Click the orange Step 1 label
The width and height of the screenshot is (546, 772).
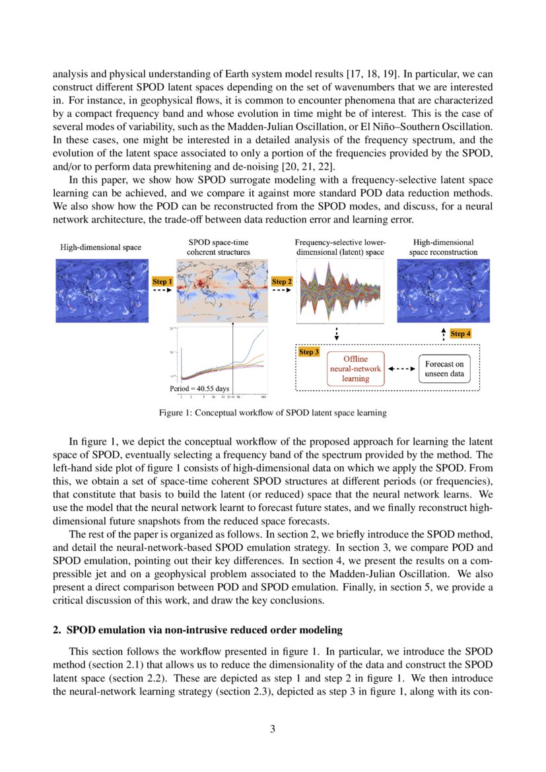coord(162,282)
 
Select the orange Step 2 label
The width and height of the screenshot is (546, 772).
coord(282,282)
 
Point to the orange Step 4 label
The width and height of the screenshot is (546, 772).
coord(460,334)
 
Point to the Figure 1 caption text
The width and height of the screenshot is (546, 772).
coord(273,413)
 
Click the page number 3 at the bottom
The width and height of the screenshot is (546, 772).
coord(273,729)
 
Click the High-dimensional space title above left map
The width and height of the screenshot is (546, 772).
coord(101,247)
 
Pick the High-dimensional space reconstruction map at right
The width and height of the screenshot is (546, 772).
coord(443,291)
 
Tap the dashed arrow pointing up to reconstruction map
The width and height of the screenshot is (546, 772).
coord(443,333)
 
